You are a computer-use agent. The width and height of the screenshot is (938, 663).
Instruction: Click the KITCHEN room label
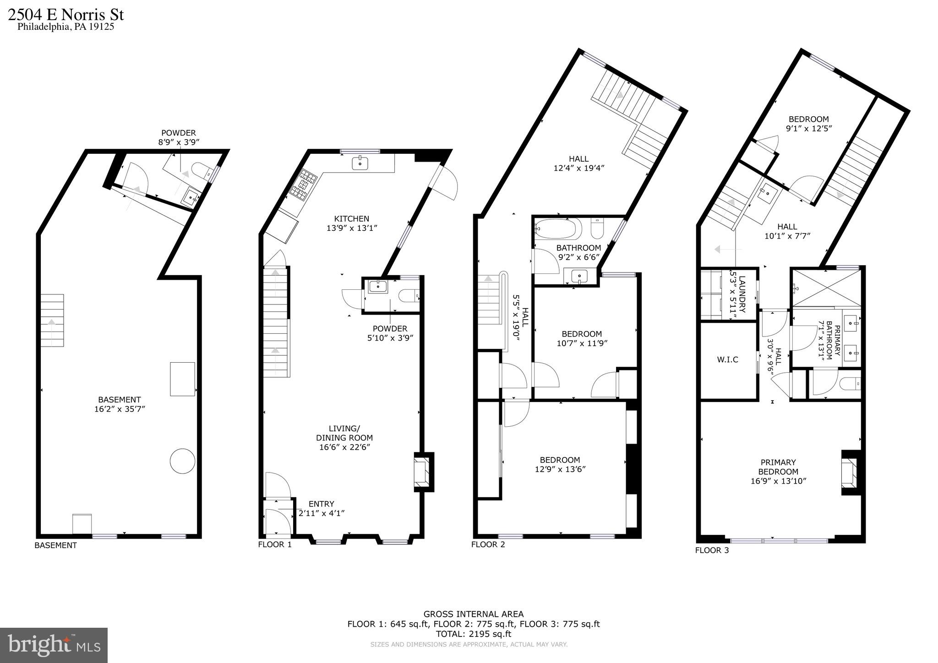351,219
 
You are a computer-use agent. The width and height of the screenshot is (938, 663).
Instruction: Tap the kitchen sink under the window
360,163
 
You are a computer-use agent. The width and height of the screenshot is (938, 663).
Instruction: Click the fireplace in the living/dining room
422,472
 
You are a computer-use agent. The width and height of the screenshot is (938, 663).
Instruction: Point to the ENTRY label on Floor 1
321,504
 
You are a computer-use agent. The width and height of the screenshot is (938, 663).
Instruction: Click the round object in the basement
182,461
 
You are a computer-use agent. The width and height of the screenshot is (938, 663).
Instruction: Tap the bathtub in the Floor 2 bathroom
558,228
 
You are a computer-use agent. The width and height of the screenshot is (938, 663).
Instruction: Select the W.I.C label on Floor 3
727,360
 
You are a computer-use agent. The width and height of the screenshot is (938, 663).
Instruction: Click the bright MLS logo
54,645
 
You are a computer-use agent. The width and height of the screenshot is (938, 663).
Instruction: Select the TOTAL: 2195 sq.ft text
473,634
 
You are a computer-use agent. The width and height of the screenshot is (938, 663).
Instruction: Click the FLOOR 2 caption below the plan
488,544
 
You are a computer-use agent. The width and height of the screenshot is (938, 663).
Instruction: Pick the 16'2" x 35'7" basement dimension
120,409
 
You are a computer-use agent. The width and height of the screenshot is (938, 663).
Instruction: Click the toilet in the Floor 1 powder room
409,296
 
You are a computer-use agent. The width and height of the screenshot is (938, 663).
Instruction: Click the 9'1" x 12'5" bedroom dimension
809,129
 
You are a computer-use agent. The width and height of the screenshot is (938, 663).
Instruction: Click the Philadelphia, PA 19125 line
65,27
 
